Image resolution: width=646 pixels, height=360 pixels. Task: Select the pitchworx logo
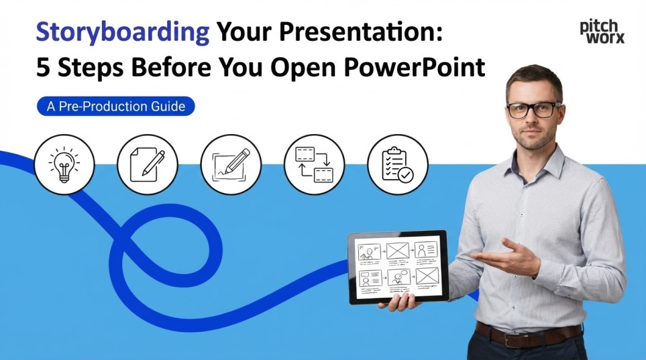point(602,31)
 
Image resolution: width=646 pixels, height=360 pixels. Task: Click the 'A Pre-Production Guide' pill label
point(116,106)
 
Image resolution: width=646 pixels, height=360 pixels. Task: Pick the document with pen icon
point(148,165)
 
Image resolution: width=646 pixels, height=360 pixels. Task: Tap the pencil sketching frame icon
point(231,165)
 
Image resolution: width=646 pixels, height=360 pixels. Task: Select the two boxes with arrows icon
point(314,165)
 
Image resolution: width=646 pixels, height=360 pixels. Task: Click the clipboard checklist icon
point(397,165)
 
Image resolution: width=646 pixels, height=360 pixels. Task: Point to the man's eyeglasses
point(534,110)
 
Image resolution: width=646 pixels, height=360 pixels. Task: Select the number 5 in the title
point(43,68)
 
